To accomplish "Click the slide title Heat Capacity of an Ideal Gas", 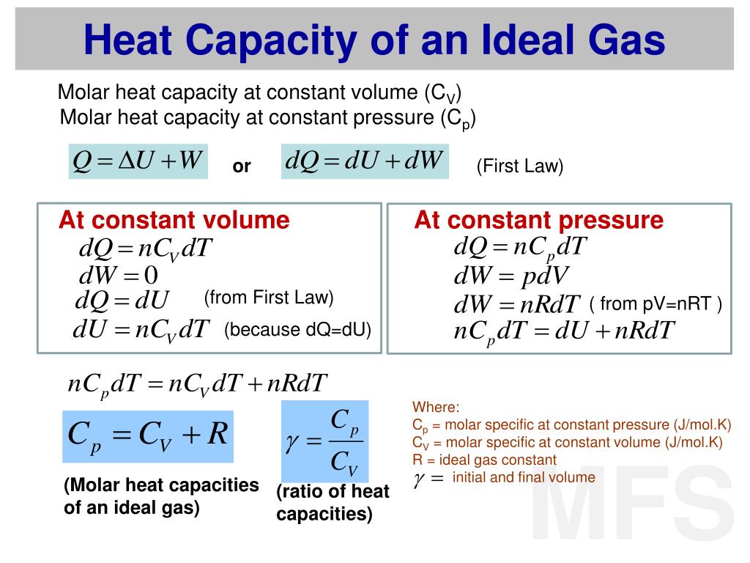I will point(374,38).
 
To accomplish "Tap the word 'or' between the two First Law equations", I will point(242,167).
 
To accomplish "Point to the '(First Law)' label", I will point(520,167).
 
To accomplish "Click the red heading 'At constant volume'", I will point(174,220).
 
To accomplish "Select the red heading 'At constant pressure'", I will point(538,220).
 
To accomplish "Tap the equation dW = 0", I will point(118,276).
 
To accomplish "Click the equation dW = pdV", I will point(511,276).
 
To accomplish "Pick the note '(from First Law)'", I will point(269,298).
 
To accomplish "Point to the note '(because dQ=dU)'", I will point(298,330).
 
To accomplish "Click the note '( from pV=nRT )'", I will point(656,303).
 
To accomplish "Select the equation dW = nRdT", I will point(517,304).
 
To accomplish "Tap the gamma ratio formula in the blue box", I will point(324,441).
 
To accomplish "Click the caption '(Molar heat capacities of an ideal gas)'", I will point(161,496).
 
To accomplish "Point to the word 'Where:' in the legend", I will point(436,408).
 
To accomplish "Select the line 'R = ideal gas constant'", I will point(484,460).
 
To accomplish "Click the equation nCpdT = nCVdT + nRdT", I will point(197,384).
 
